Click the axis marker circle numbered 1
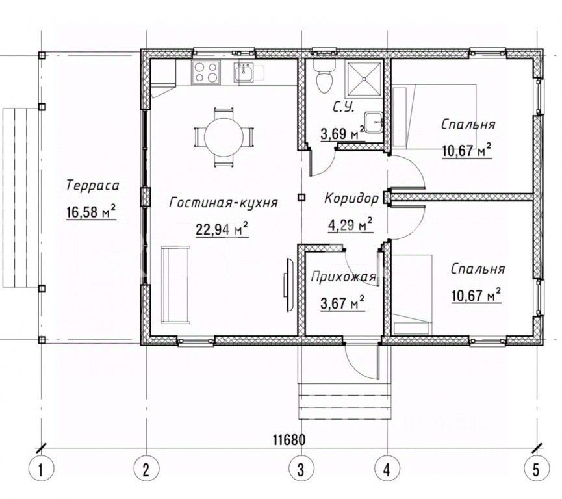pos(41,469)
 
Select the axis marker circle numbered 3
pos(301,469)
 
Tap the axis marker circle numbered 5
pos(537,469)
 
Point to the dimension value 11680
pos(289,439)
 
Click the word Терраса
pos(93,186)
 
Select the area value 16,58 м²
pos(91,212)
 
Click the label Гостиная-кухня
pos(224,203)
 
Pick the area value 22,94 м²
pos(222,229)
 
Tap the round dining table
pos(224,137)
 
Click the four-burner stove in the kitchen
pos(206,72)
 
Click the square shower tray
pos(363,79)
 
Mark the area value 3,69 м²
pos(342,134)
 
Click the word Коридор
pos(351,198)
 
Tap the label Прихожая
pos(343,277)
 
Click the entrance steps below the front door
pos(344,401)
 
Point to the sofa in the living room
pos(175,285)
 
